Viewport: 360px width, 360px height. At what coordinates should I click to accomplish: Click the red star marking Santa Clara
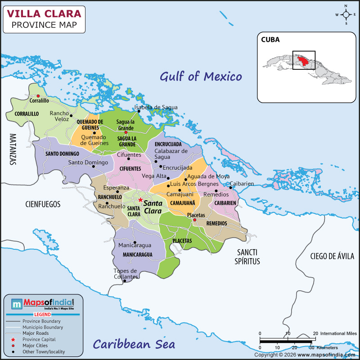pos(140,200)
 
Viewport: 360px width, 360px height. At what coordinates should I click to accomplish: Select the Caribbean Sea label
pos(134,344)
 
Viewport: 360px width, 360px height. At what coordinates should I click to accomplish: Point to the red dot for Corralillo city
pos(38,96)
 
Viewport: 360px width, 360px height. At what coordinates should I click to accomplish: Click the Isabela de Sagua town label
pos(156,107)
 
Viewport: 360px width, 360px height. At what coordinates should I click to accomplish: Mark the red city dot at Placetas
pos(195,220)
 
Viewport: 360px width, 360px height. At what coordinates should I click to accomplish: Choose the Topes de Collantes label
pos(126,274)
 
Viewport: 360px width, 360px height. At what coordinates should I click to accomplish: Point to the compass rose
pos(346,14)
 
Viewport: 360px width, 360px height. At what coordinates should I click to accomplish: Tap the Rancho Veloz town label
pos(59,116)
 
